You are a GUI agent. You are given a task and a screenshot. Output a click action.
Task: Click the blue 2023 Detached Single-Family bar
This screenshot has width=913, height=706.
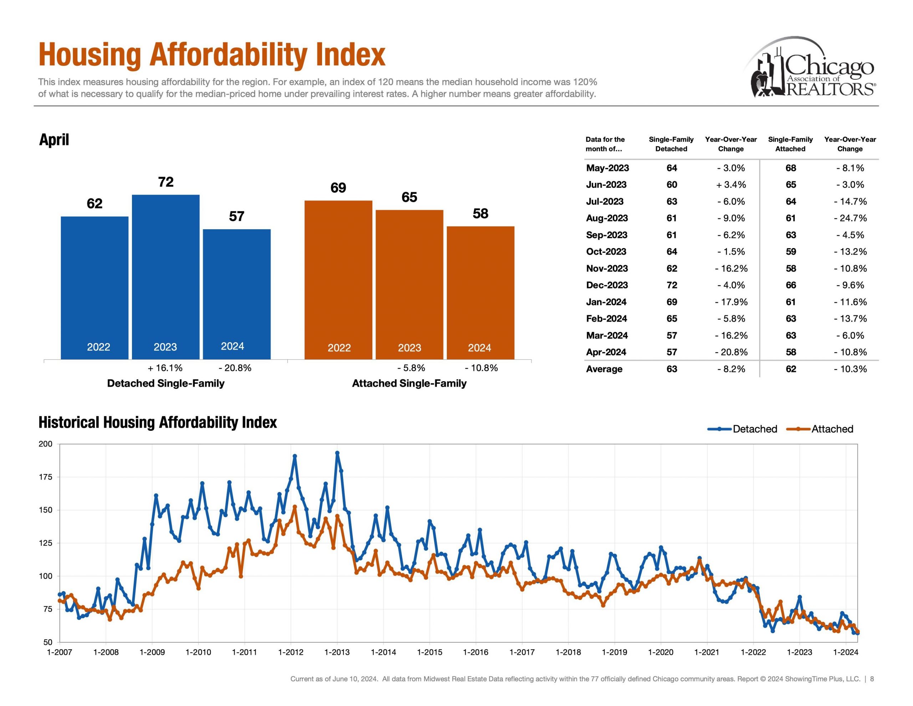(165, 276)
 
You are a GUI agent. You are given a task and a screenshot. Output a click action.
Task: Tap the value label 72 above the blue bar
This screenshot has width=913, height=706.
(166, 182)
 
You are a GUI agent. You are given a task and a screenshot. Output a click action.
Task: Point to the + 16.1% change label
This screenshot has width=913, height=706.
(165, 368)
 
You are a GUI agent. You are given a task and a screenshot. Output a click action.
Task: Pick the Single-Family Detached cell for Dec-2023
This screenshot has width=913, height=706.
(671, 285)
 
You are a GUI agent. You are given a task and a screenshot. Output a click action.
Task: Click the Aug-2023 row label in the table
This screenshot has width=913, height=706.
(607, 218)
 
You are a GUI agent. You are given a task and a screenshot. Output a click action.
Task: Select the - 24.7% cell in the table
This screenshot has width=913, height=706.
(850, 218)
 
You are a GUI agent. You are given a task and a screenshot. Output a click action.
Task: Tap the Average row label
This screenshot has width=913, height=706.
(604, 369)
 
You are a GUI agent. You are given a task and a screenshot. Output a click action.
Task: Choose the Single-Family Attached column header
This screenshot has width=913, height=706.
(790, 144)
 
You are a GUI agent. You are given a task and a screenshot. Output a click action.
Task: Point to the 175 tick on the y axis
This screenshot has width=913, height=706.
(46, 477)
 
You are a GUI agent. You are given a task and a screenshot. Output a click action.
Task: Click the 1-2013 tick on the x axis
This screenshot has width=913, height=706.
(337, 652)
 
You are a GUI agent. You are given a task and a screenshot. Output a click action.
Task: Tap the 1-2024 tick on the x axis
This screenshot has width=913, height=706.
(846, 652)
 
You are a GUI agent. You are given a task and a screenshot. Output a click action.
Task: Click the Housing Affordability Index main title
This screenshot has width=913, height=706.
(211, 55)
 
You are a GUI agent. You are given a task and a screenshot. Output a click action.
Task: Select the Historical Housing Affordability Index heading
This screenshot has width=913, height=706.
(158, 422)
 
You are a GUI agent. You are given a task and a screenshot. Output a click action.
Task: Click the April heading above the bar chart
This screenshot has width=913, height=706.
(54, 139)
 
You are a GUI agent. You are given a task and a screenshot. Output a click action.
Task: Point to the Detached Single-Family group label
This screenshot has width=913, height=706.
(165, 383)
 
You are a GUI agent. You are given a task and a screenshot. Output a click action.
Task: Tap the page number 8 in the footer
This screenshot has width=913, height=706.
(872, 679)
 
